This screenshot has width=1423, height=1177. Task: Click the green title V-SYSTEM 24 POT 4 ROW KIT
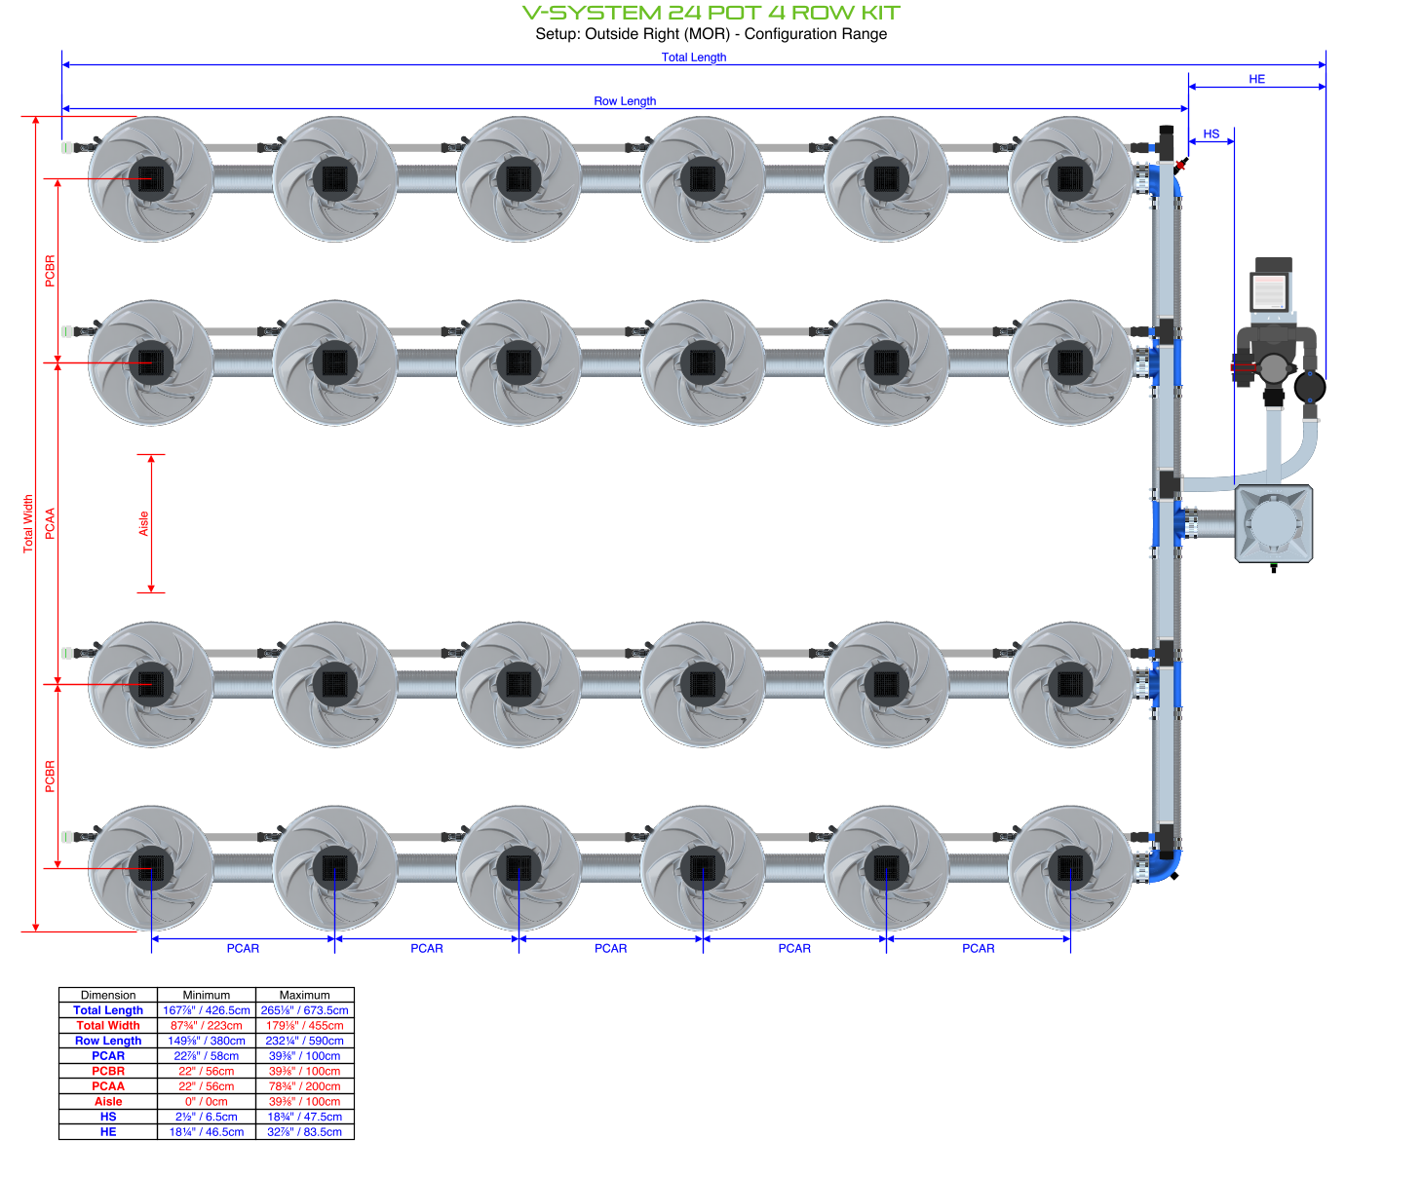click(x=711, y=13)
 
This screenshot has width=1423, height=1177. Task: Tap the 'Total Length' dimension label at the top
click(x=693, y=57)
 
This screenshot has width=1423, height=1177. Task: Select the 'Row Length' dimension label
click(x=625, y=101)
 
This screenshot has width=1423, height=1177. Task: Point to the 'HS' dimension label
click(x=1211, y=134)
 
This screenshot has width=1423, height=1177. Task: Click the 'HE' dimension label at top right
click(x=1256, y=80)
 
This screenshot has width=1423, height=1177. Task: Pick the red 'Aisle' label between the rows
click(x=144, y=523)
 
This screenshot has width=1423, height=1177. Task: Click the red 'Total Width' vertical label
click(x=28, y=523)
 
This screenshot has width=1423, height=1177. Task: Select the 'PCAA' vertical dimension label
click(x=51, y=523)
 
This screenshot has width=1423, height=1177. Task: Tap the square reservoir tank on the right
click(x=1273, y=523)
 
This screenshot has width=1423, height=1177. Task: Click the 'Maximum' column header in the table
click(x=304, y=995)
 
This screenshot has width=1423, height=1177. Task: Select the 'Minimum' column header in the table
click(x=206, y=995)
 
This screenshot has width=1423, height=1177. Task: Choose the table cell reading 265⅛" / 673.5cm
click(x=304, y=1010)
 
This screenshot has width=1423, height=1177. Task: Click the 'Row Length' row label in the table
click(x=108, y=1041)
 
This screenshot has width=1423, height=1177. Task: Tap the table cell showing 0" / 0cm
click(x=206, y=1101)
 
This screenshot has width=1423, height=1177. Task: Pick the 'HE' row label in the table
click(x=108, y=1131)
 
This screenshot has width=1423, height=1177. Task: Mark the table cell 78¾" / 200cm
click(x=304, y=1086)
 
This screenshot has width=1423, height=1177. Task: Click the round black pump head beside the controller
click(x=1309, y=388)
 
